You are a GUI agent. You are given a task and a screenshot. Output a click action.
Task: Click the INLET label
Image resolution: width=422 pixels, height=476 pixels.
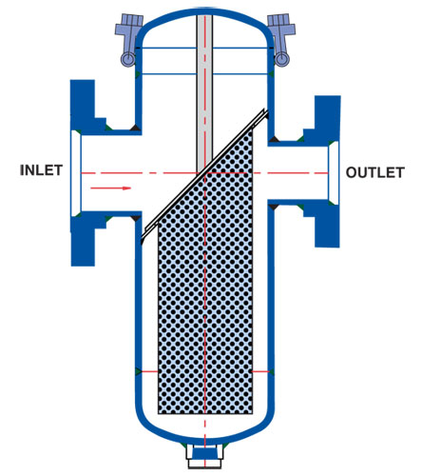[41, 170]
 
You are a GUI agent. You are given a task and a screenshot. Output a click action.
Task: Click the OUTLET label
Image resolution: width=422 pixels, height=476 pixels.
[375, 172]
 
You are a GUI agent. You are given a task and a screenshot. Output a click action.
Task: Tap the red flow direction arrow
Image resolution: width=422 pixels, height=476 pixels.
[111, 188]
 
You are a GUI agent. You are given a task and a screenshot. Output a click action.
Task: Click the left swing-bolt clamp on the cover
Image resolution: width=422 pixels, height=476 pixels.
[128, 38]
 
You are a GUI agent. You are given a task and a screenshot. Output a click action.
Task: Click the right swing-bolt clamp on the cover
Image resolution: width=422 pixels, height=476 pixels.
[281, 38]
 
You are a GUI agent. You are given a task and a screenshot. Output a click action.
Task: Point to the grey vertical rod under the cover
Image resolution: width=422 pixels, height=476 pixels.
[204, 92]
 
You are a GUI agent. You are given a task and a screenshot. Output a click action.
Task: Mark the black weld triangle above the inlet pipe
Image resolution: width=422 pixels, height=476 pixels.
[136, 128]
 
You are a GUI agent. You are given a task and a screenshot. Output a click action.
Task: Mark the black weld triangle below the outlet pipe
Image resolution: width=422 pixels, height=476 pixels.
[275, 208]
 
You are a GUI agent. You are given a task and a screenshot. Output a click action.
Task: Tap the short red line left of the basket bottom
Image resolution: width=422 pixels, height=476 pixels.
[149, 371]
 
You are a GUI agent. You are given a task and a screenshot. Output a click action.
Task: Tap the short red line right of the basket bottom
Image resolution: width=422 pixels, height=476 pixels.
[260, 371]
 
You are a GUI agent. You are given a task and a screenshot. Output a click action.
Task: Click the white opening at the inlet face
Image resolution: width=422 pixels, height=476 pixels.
[76, 173]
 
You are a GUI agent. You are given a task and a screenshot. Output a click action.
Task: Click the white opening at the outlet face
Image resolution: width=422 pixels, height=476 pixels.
[334, 173]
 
